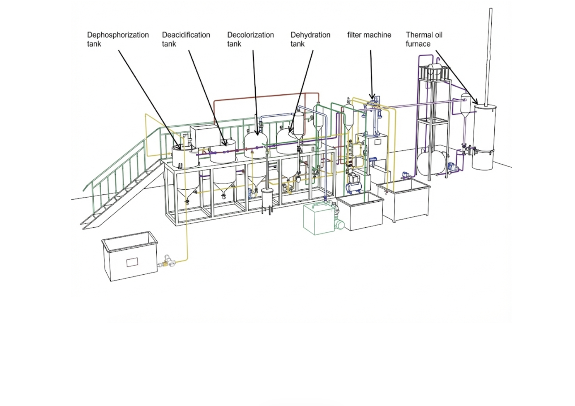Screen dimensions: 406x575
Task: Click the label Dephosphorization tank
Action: coord(117,39)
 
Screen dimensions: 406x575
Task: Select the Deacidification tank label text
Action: coord(186,39)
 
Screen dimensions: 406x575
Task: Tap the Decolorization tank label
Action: coord(250,39)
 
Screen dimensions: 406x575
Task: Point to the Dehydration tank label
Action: coord(310,39)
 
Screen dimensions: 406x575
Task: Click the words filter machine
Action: coord(369,35)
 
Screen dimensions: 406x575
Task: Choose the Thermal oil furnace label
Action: coord(424,39)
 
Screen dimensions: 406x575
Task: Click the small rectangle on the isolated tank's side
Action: coord(132,262)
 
